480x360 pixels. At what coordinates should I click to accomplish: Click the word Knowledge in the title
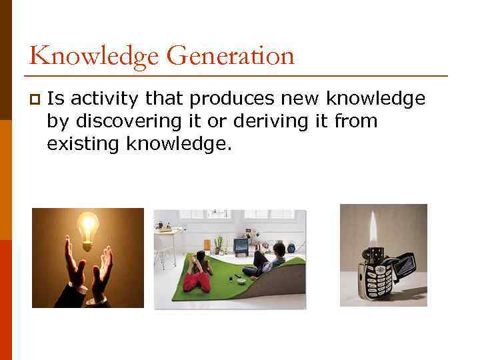(94, 57)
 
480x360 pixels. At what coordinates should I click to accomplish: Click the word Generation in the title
(230, 57)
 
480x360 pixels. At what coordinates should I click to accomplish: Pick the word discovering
(126, 121)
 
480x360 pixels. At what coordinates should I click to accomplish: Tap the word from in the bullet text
(357, 121)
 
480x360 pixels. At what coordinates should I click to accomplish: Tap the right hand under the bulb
(102, 277)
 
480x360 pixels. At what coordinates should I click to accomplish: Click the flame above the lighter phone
(374, 230)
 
